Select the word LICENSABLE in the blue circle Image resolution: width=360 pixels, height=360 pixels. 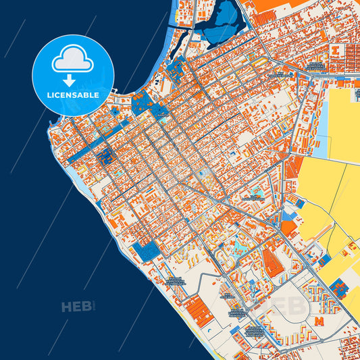pos(74,95)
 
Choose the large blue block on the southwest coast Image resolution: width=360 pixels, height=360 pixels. pos(147,251)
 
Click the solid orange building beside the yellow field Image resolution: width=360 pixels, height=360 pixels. pos(288,228)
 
